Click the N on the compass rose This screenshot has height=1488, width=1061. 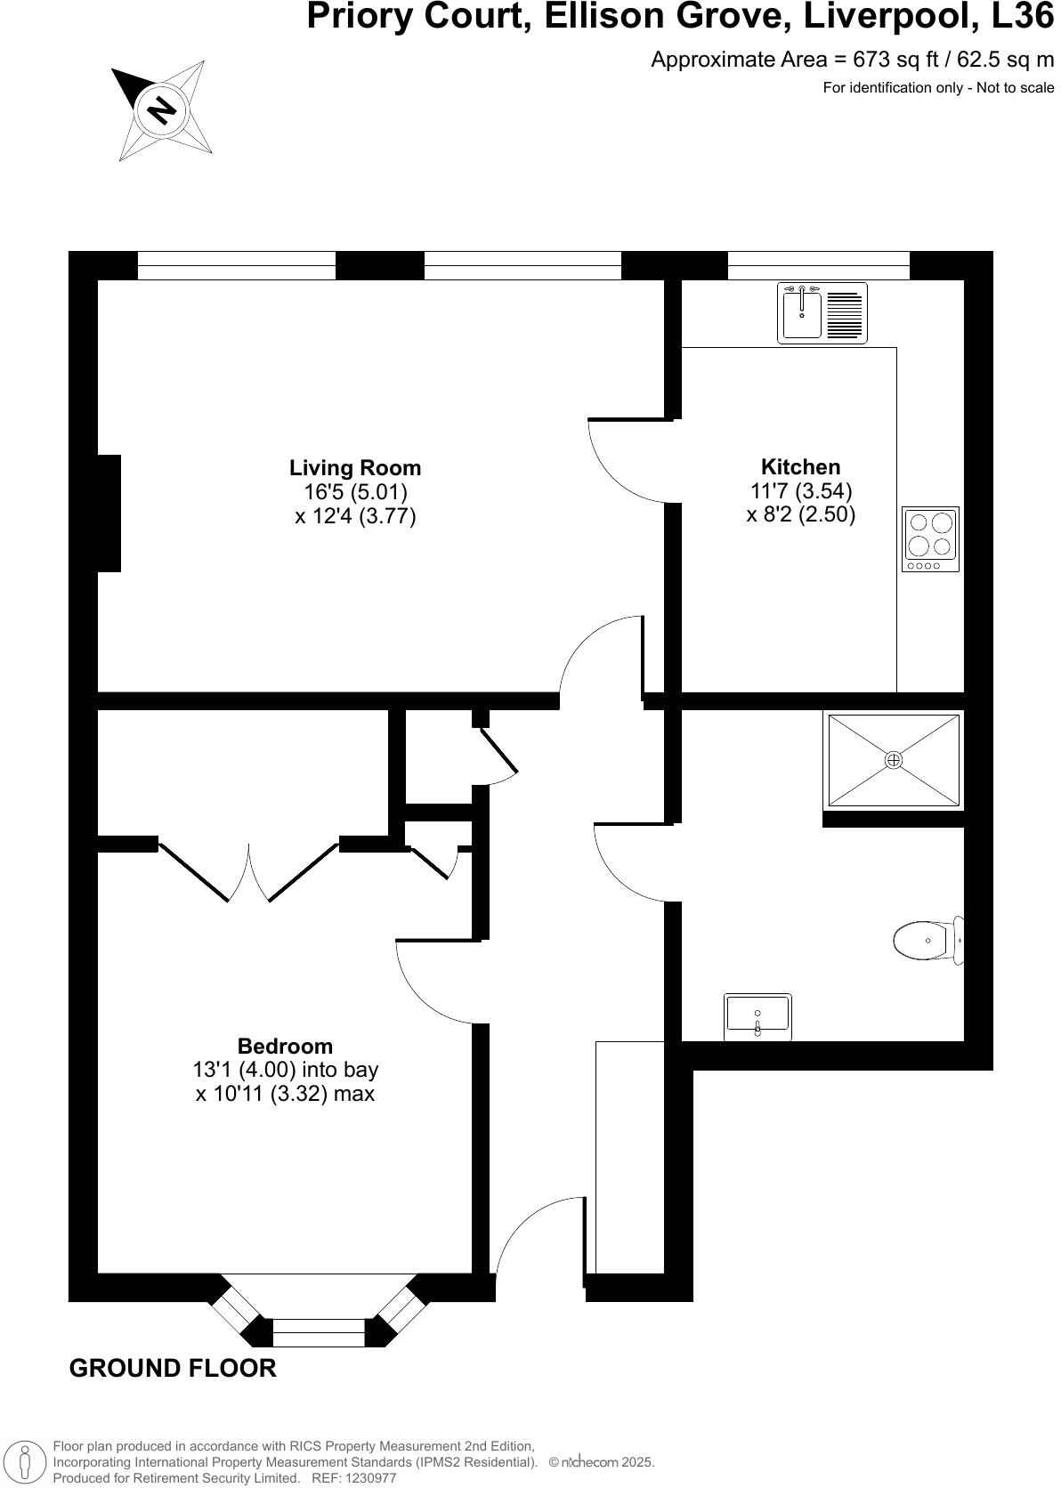(x=162, y=110)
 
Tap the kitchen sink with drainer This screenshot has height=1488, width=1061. (x=822, y=313)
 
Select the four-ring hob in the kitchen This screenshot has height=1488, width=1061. (x=930, y=538)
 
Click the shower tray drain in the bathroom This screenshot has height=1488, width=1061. (x=894, y=760)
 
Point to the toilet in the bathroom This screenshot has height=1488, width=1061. (x=926, y=940)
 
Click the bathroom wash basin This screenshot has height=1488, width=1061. (x=757, y=1016)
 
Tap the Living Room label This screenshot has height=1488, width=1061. (x=355, y=468)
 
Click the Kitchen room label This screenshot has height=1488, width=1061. (x=800, y=467)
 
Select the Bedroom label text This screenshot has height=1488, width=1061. (x=285, y=1047)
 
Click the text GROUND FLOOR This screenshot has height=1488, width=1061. (x=173, y=1368)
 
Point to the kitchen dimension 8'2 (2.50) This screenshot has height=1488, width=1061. (x=800, y=515)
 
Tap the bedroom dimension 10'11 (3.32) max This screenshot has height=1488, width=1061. (x=285, y=1094)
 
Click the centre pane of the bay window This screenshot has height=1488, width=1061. (x=318, y=1332)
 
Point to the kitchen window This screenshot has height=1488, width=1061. (x=818, y=265)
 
